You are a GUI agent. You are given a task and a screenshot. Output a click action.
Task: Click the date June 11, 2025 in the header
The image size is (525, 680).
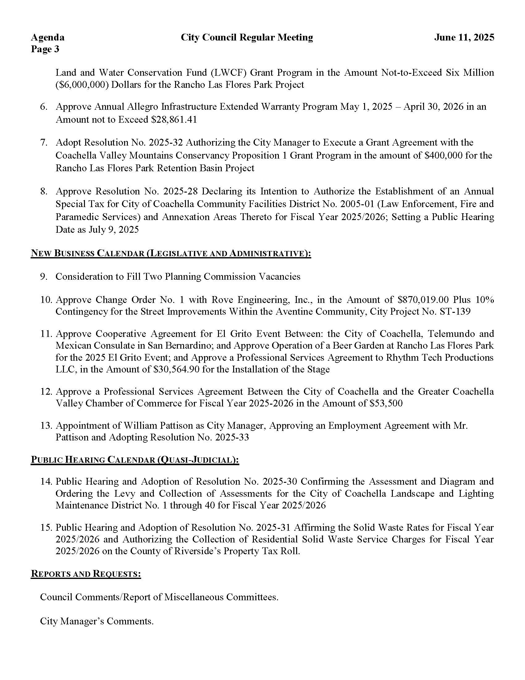(464, 38)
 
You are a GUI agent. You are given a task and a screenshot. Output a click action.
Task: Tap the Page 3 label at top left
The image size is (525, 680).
(45, 49)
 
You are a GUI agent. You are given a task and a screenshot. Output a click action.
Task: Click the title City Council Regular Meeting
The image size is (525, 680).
(247, 38)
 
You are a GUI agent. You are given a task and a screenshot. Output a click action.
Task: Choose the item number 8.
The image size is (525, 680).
(44, 191)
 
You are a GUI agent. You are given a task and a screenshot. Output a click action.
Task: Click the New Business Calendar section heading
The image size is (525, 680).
(171, 253)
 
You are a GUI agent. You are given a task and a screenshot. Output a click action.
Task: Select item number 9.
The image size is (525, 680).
(44, 277)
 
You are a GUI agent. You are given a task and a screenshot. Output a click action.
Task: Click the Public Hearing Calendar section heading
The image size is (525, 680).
(135, 460)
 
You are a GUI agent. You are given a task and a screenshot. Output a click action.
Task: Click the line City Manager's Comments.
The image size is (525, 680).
(97, 622)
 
